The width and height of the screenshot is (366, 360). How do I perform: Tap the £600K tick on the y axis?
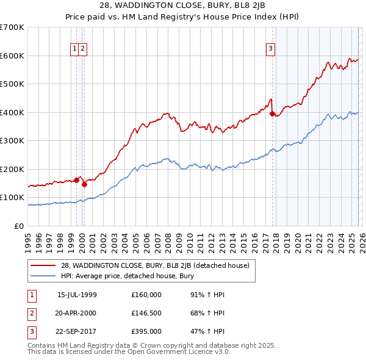tap(12, 56)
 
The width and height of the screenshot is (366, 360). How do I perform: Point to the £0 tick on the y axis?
tap(18, 226)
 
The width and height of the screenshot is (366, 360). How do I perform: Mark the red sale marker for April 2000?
tap(85, 184)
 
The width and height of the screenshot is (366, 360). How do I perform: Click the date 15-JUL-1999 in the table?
tap(77, 295)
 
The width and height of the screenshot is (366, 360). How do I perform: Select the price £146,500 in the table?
tap(146, 313)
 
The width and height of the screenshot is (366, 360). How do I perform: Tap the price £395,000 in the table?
tap(146, 331)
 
